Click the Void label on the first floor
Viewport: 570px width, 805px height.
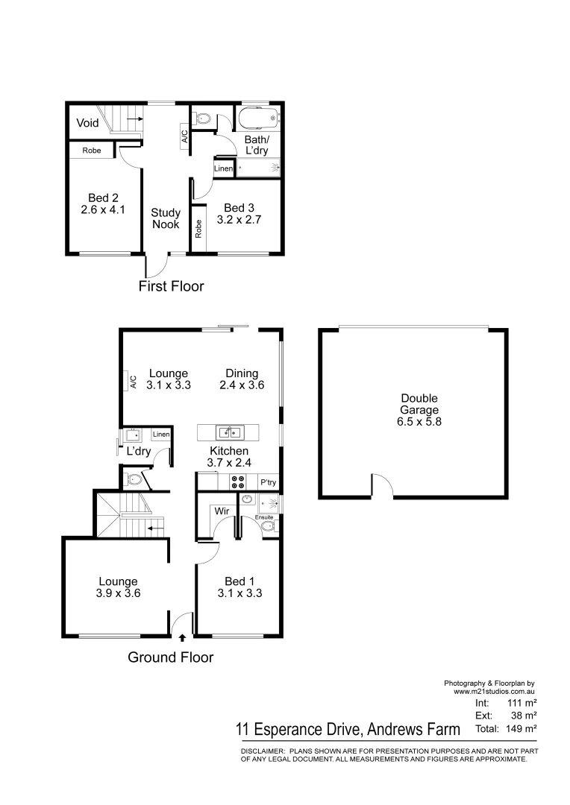point(88,122)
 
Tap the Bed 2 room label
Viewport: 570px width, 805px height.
point(104,203)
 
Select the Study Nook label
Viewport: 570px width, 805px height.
point(166,218)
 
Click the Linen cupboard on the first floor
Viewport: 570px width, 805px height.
point(224,169)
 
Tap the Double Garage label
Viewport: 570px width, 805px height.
point(419,410)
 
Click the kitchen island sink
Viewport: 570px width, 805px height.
point(230,432)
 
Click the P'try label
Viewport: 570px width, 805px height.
point(268,483)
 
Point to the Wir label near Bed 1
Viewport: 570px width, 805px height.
point(222,512)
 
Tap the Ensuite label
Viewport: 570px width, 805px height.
point(264,517)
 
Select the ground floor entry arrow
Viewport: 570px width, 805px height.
point(183,637)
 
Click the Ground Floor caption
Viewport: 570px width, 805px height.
point(170,657)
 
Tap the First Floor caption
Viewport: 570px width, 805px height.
point(171,286)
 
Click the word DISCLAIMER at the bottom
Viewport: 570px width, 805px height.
point(263,751)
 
